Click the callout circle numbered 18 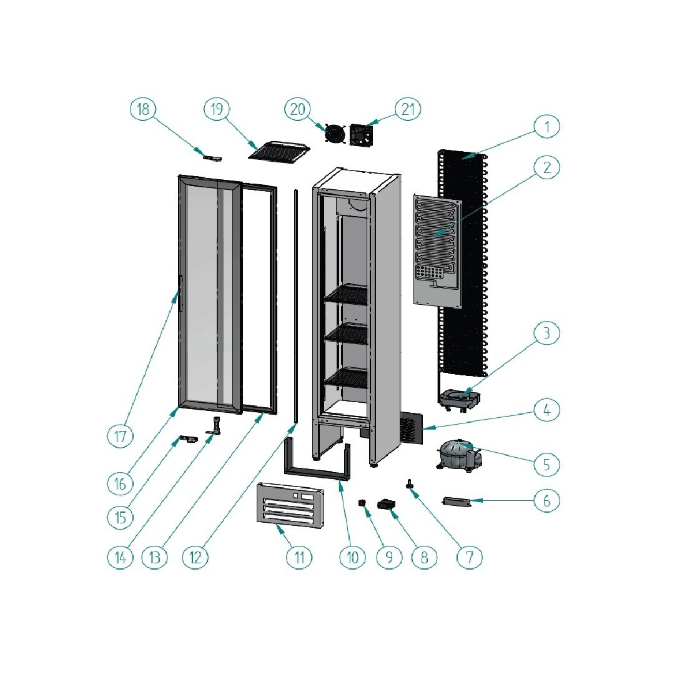tap(143, 109)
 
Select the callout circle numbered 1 tap(546, 127)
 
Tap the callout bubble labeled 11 tap(299, 557)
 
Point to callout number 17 tap(121, 437)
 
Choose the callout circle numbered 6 tap(546, 501)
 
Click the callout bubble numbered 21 tap(408, 109)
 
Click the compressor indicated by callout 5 tap(460, 456)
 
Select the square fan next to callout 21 tap(362, 134)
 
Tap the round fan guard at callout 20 tap(335, 134)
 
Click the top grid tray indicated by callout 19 tap(279, 151)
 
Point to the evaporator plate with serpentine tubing tap(438, 250)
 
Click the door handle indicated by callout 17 tap(180, 294)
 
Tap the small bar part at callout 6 tap(457, 502)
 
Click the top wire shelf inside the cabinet tap(346, 294)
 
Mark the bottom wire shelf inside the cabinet tap(346, 377)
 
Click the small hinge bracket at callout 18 tap(212, 158)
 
